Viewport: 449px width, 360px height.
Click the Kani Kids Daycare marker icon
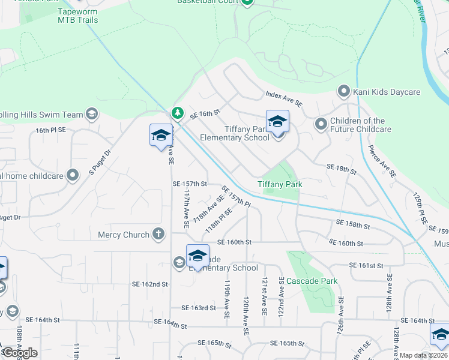pyautogui.click(x=344, y=92)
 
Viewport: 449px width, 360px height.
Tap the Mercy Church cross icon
pyautogui.click(x=158, y=234)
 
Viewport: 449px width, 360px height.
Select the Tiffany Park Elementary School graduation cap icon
pyautogui.click(x=277, y=122)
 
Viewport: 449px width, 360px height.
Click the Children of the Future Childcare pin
pyautogui.click(x=321, y=124)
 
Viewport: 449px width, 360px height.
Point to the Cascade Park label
pyautogui.click(x=312, y=281)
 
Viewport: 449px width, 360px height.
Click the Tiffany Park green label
pyautogui.click(x=280, y=184)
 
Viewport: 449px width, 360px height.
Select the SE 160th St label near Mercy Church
pyautogui.click(x=234, y=242)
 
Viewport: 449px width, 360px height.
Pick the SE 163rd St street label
pyautogui.click(x=199, y=308)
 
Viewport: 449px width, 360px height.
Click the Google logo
pyautogui.click(x=20, y=353)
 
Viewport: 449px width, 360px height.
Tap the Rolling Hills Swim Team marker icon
pyautogui.click(x=91, y=114)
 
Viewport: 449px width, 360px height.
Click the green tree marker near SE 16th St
pyautogui.click(x=177, y=112)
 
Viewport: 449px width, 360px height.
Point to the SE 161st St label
pyautogui.click(x=366, y=265)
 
